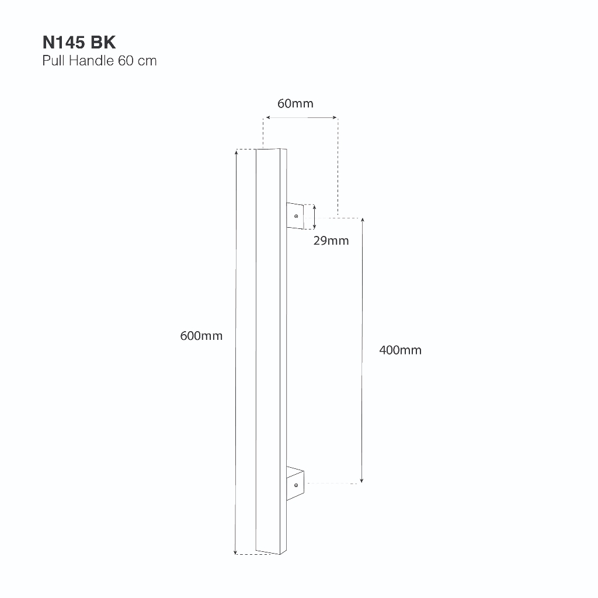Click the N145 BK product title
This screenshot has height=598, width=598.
click(x=79, y=42)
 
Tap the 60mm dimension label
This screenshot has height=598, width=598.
click(x=295, y=103)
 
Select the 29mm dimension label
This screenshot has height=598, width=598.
click(x=331, y=241)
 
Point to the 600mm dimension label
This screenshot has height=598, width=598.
click(x=201, y=336)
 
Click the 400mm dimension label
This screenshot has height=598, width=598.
click(x=401, y=350)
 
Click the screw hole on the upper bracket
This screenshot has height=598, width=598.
click(x=296, y=216)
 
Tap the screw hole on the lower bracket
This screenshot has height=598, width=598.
click(x=296, y=485)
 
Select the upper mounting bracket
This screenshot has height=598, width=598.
click(x=295, y=216)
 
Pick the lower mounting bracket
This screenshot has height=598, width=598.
click(x=295, y=483)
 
